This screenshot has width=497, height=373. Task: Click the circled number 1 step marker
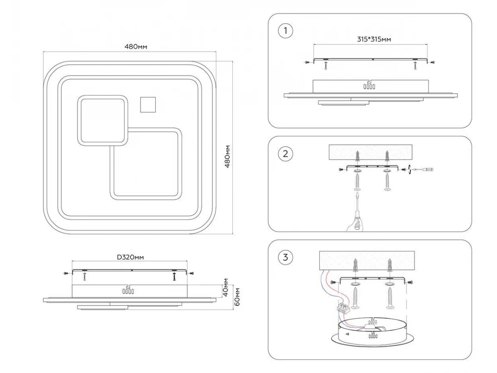tap(285, 31)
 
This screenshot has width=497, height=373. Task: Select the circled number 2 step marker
tap(285, 154)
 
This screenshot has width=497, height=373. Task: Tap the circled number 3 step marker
tap(285, 257)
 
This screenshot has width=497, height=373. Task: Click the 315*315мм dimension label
tap(374, 39)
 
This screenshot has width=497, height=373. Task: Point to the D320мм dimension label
tap(130, 257)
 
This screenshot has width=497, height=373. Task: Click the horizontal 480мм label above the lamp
tap(136, 46)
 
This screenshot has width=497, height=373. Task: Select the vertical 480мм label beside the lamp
tap(227, 156)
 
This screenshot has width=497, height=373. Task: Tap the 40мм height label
tap(225, 286)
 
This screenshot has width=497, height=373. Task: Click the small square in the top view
tap(148, 104)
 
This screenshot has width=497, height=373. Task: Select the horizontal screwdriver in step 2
tap(425, 169)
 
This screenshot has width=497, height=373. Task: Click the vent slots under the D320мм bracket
tap(128, 291)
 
